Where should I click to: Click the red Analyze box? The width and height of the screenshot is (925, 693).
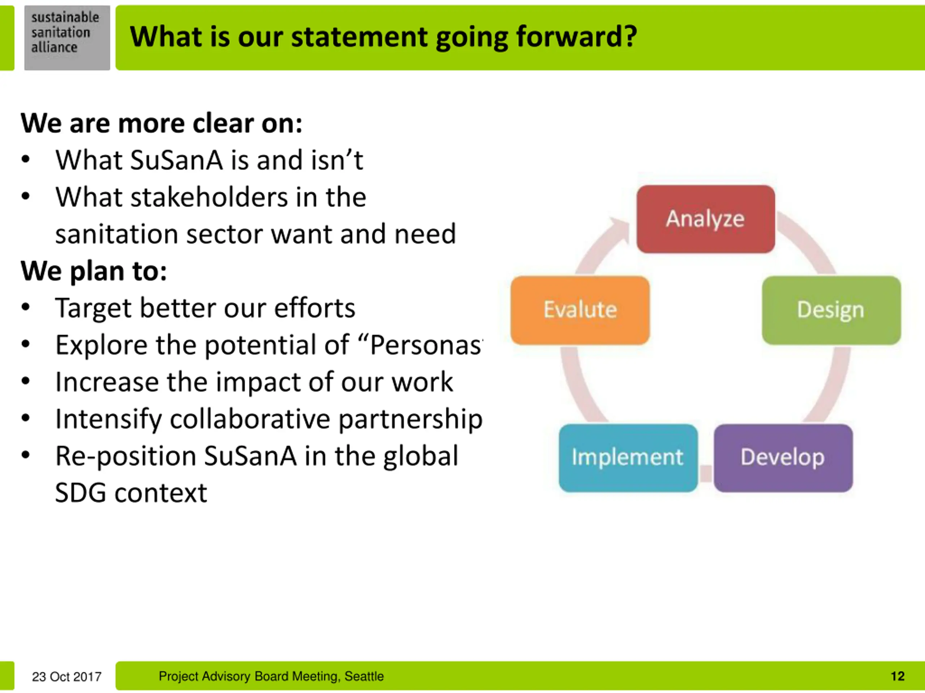tap(705, 219)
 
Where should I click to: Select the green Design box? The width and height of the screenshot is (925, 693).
tap(831, 310)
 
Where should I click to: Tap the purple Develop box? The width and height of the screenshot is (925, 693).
tap(783, 457)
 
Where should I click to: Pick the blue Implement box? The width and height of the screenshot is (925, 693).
tap(628, 457)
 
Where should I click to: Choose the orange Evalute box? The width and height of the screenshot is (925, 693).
tap(580, 310)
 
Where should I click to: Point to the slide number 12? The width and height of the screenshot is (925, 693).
tap(898, 676)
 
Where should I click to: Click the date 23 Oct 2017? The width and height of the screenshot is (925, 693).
tap(67, 676)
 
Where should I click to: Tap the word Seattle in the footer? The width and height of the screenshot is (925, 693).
tap(364, 676)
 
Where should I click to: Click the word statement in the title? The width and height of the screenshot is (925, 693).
tap(359, 37)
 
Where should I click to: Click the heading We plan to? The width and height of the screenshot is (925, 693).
tap(94, 271)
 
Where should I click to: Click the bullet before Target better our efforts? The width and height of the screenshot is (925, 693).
tap(26, 308)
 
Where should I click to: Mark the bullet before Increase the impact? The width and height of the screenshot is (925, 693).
tap(26, 382)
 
